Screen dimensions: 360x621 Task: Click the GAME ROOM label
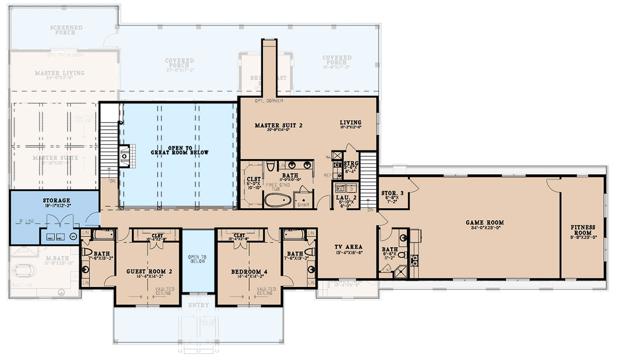pyautogui.click(x=484, y=223)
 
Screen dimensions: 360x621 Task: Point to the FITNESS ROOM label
pyautogui.click(x=583, y=230)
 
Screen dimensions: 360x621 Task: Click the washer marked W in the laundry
pyautogui.click(x=341, y=187)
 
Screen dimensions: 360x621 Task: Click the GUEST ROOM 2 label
pyautogui.click(x=149, y=271)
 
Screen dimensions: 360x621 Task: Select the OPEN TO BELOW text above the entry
pyautogui.click(x=197, y=259)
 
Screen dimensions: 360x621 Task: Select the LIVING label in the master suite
pyautogui.click(x=350, y=123)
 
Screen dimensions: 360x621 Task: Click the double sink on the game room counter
pyautogui.click(x=414, y=260)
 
